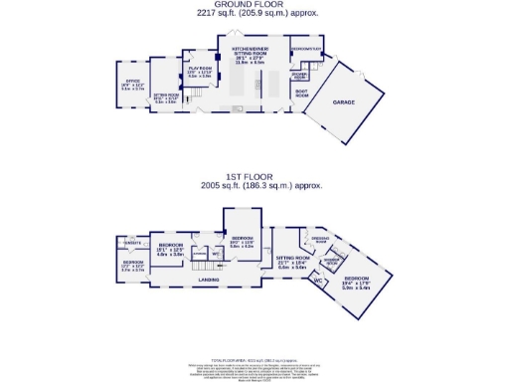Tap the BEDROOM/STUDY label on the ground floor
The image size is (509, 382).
pyautogui.click(x=306, y=48)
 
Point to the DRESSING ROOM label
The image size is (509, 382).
pyautogui.click(x=321, y=241)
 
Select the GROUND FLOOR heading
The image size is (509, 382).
pyautogui.click(x=253, y=5)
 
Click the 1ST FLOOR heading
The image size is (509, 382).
pyautogui.click(x=253, y=176)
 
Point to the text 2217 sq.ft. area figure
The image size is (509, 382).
pyautogui.click(x=253, y=14)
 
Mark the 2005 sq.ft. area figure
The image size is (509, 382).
pyautogui.click(x=253, y=185)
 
